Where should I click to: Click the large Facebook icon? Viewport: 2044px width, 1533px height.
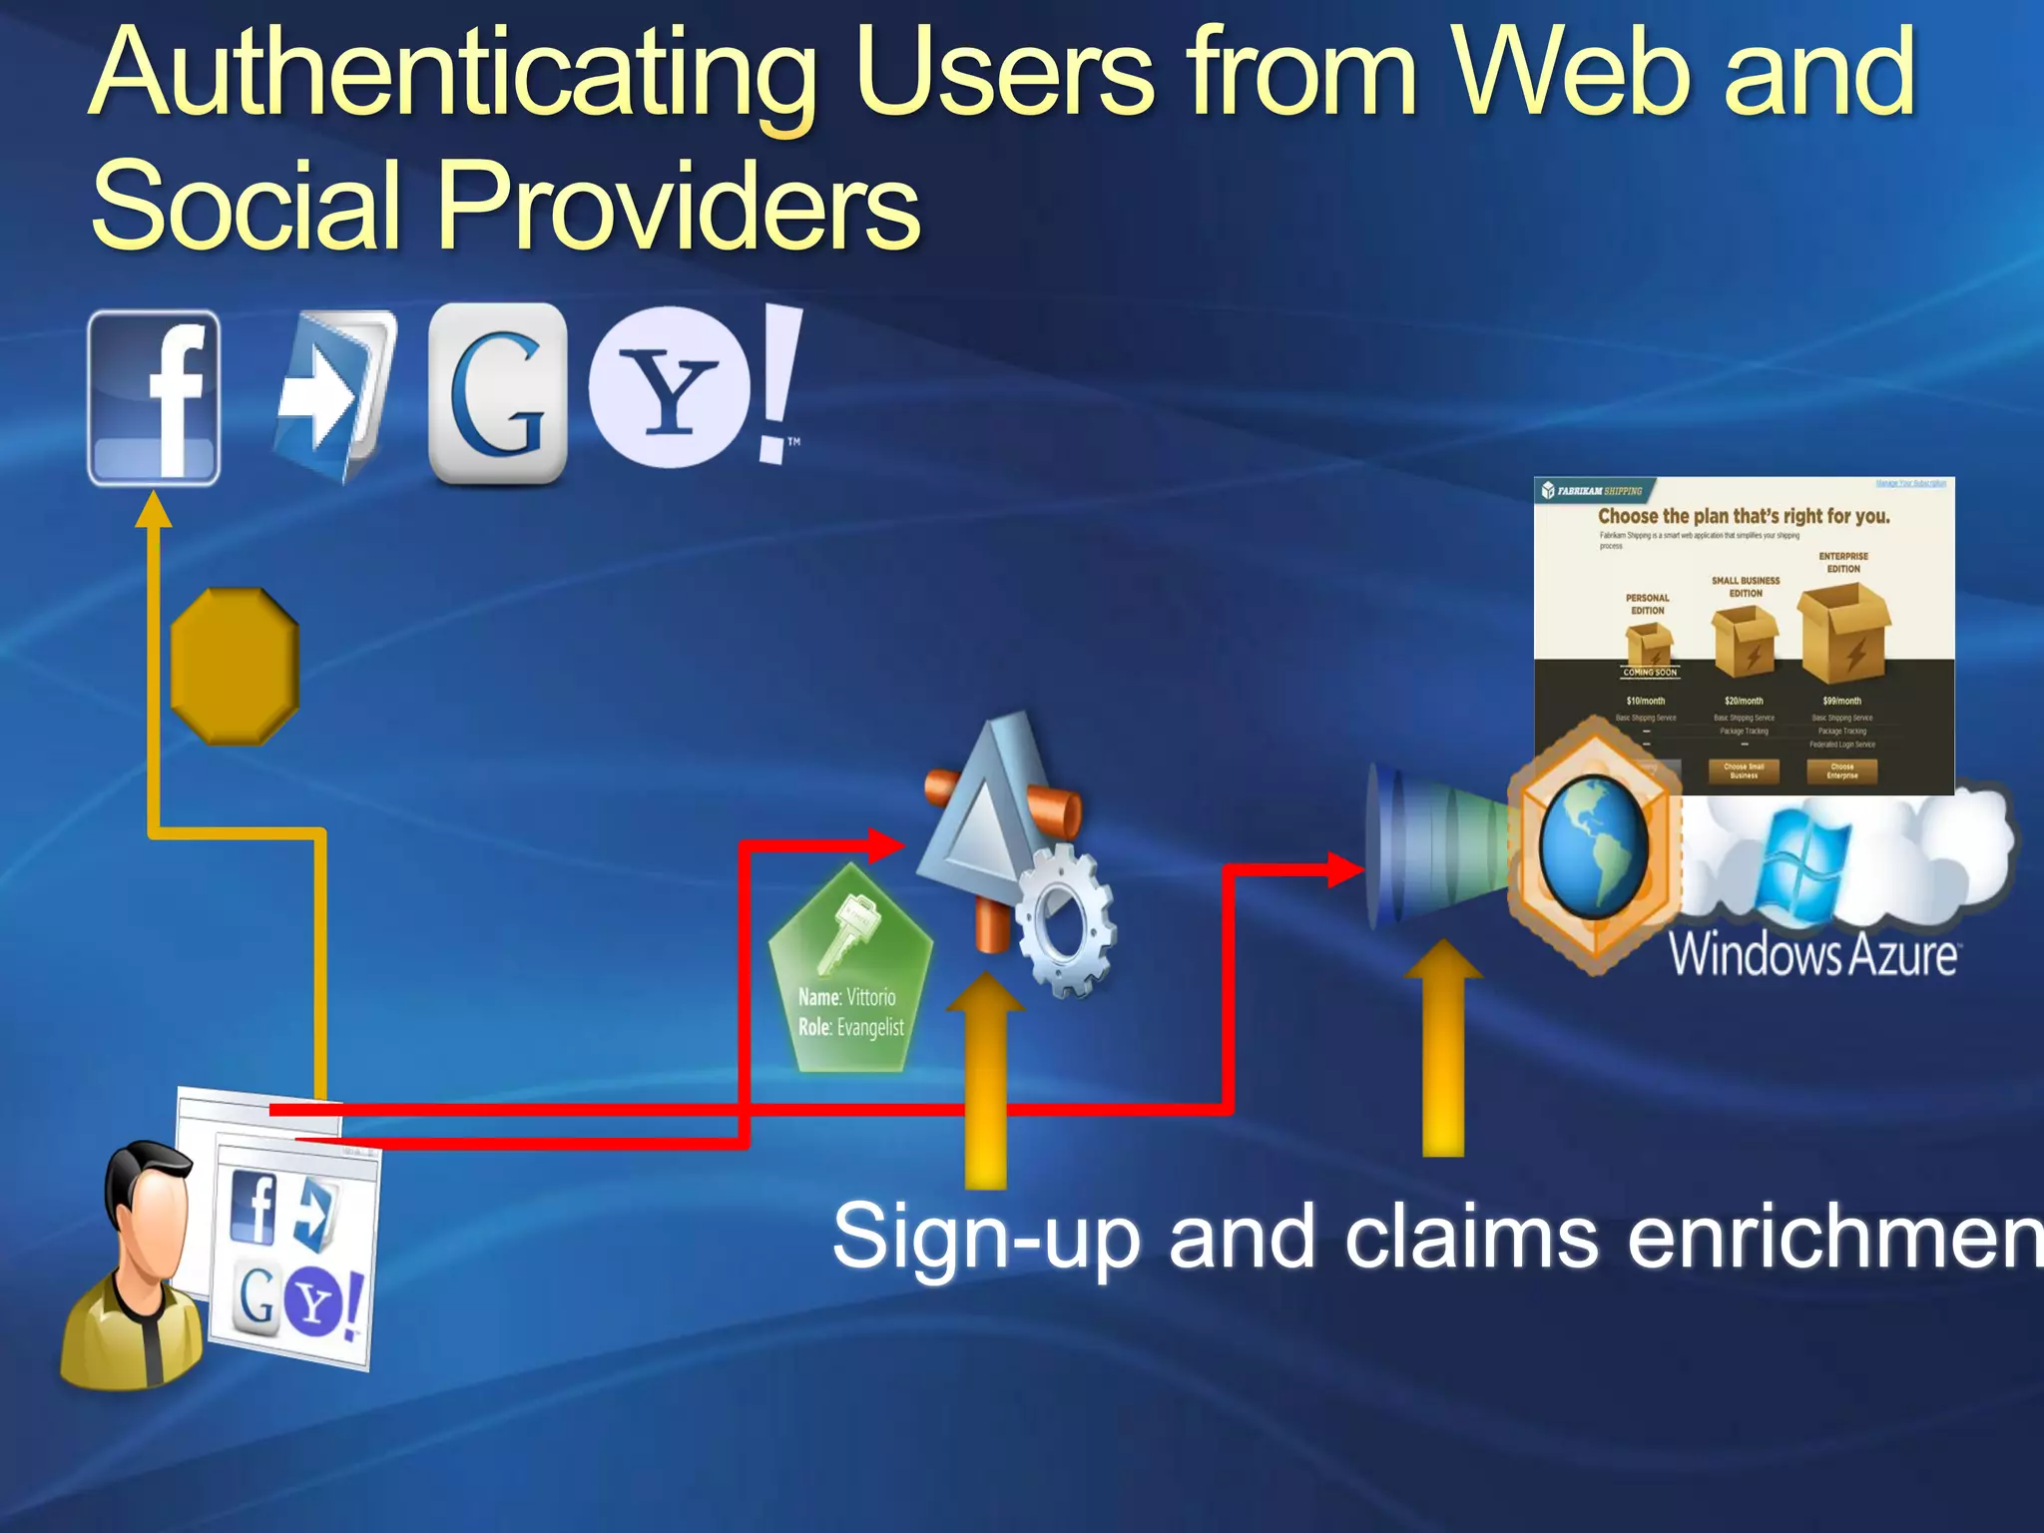pyautogui.click(x=154, y=398)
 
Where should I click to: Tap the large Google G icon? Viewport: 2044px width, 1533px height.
pyautogui.click(x=497, y=393)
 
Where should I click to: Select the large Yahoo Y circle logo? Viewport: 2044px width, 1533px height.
pyautogui.click(x=669, y=387)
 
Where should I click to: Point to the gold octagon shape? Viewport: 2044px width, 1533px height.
pyautogui.click(x=235, y=666)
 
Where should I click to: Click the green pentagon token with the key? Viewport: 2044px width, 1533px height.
pyautogui.click(x=850, y=973)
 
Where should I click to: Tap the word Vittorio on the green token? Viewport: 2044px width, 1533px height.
pyautogui.click(x=870, y=997)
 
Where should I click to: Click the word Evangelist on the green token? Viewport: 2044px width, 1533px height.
pyautogui.click(x=870, y=1027)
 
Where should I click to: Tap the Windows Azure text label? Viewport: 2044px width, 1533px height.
pyautogui.click(x=1812, y=954)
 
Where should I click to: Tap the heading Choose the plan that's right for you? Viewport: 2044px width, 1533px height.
pyautogui.click(x=1744, y=516)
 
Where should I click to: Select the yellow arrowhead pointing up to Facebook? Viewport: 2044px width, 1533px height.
pyautogui.click(x=153, y=511)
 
